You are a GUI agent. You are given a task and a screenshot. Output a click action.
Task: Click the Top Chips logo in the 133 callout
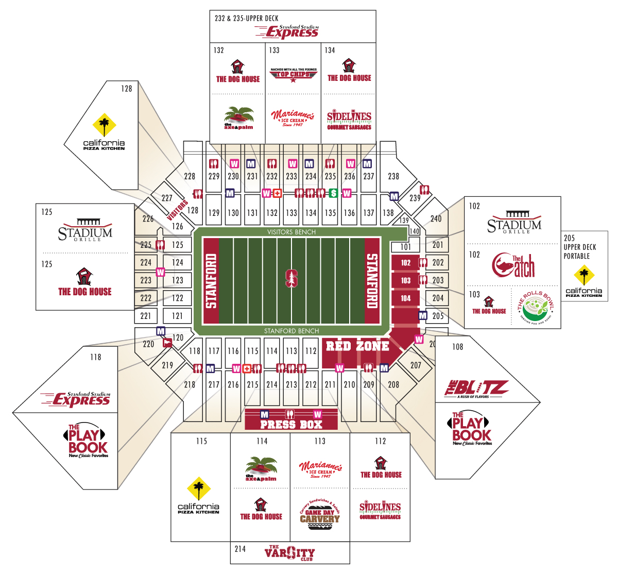click(294, 75)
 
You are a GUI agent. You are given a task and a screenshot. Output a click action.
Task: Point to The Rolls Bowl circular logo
click(536, 308)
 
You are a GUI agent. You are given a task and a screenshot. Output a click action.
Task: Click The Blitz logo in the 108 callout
click(476, 389)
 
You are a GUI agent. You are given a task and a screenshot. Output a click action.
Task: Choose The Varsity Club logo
click(289, 553)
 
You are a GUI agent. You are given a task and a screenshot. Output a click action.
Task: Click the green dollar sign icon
click(333, 193)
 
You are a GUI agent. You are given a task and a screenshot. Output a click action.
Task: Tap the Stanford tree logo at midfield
click(291, 278)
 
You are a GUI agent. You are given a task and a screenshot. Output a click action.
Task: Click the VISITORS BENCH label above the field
click(291, 232)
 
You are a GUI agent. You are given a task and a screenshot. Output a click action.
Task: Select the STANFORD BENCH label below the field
click(291, 331)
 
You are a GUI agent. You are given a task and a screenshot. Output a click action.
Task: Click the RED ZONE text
click(357, 346)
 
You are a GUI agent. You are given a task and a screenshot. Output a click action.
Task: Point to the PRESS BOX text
click(291, 425)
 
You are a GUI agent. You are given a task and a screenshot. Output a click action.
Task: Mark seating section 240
click(436, 218)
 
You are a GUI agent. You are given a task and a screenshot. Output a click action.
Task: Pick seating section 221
click(146, 316)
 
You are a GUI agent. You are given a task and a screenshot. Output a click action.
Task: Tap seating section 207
click(416, 365)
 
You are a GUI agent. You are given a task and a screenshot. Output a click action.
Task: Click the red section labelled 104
click(406, 298)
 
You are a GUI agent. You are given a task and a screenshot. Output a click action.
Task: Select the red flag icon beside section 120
click(167, 343)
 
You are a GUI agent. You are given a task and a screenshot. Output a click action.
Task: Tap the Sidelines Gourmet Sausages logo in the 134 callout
click(349, 120)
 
